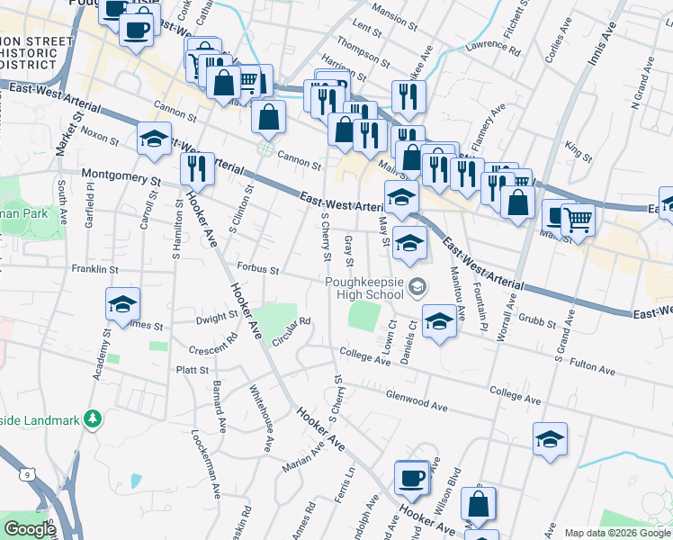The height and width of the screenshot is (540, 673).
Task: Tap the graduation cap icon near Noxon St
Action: pyautogui.click(x=155, y=139)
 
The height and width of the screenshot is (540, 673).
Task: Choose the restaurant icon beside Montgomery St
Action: pyautogui.click(x=196, y=166)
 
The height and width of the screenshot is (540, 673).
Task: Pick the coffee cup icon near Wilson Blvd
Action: pyautogui.click(x=412, y=477)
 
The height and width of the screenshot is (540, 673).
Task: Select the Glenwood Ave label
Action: pyautogui.click(x=416, y=404)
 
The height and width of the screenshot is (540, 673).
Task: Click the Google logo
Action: pyautogui.click(x=30, y=529)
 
